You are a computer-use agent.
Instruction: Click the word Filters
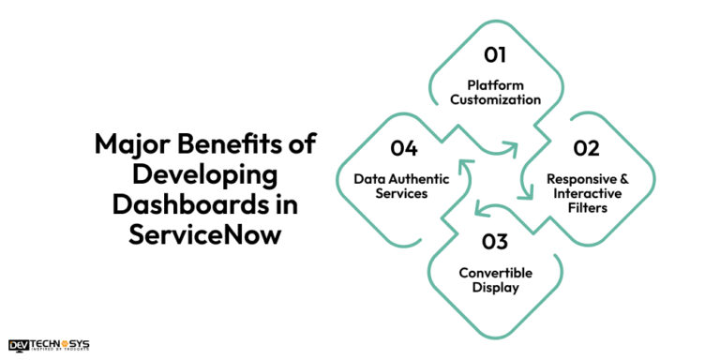(588, 207)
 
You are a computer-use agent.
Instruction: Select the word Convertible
(496, 273)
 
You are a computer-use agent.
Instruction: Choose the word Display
(496, 288)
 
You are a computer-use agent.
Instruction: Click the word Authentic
(422, 177)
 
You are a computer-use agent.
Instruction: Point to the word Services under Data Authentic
(403, 192)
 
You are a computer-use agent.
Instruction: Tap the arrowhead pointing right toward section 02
(512, 147)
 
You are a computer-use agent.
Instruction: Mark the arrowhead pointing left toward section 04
(479, 209)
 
